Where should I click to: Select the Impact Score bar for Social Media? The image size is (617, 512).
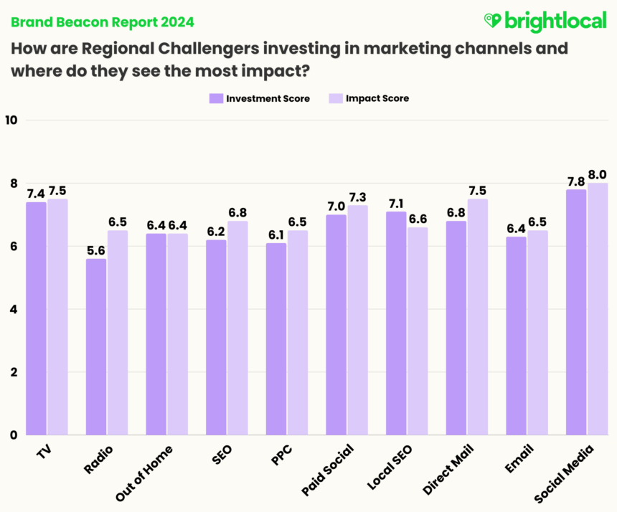pyautogui.click(x=598, y=308)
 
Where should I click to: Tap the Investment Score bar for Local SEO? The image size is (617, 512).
pyautogui.click(x=396, y=323)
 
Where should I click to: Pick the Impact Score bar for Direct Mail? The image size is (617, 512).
pyautogui.click(x=478, y=316)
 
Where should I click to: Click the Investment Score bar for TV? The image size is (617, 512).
pyautogui.click(x=37, y=318)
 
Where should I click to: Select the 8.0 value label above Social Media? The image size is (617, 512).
pyautogui.click(x=598, y=174)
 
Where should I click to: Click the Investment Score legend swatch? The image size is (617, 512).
pyautogui.click(x=215, y=98)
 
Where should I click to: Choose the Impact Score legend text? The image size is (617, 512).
pyautogui.click(x=377, y=98)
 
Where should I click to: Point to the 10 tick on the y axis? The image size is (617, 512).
pyautogui.click(x=11, y=120)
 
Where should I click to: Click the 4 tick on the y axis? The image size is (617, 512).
pyautogui.click(x=14, y=309)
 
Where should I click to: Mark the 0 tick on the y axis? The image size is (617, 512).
pyautogui.click(x=14, y=435)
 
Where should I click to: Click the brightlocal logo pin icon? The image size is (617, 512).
pyautogui.click(x=493, y=20)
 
